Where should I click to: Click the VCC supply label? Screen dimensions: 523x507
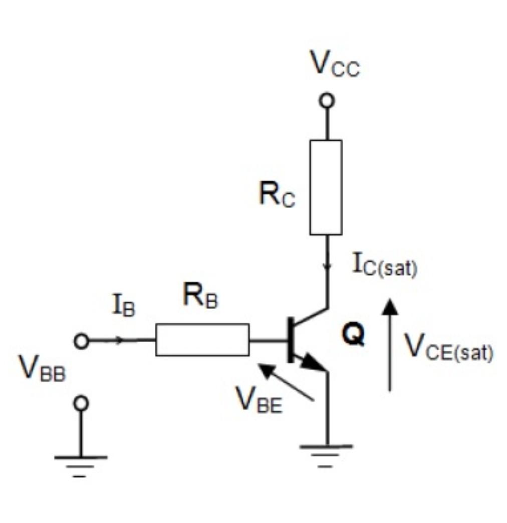click(335, 64)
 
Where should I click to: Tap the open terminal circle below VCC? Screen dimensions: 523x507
click(327, 101)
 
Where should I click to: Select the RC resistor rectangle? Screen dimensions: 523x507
click(326, 187)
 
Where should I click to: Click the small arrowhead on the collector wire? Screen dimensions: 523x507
click(327, 265)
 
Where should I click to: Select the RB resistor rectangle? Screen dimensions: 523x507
click(202, 340)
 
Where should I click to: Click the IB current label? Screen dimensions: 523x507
click(123, 307)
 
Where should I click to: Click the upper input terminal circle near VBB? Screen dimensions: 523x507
click(81, 341)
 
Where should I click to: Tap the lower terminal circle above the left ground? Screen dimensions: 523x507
click(81, 403)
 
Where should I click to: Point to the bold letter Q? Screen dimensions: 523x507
click(353, 336)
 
